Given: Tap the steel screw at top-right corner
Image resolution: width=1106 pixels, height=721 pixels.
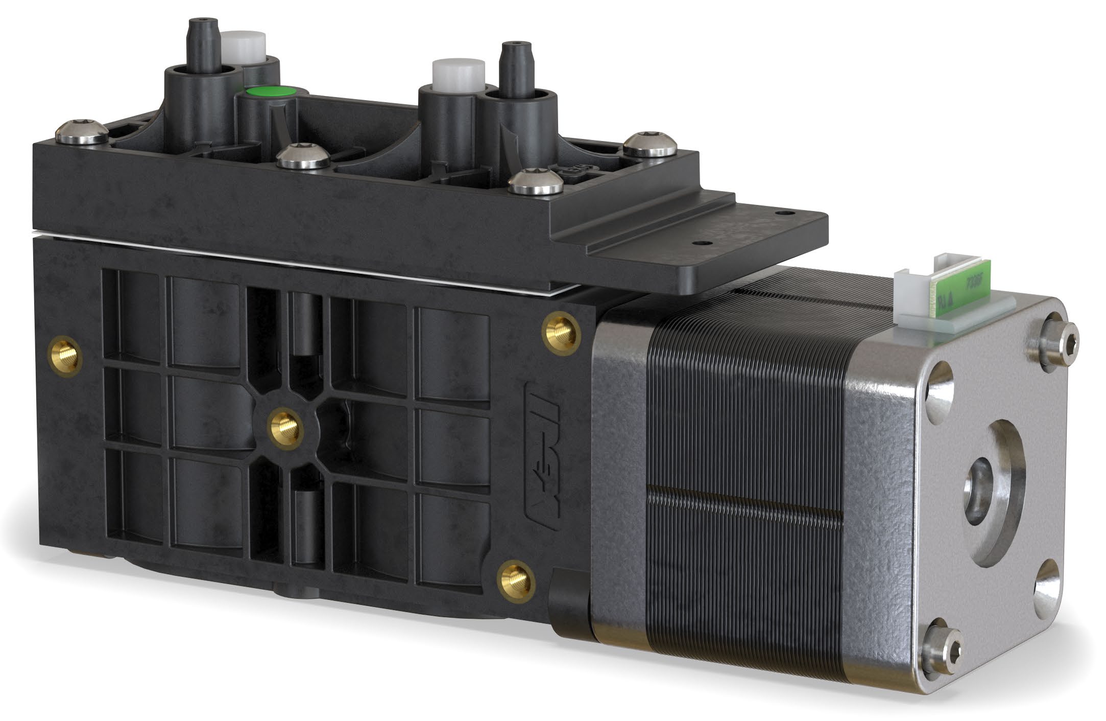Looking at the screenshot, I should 648,144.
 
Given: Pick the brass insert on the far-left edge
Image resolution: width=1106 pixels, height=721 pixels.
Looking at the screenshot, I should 64,355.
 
